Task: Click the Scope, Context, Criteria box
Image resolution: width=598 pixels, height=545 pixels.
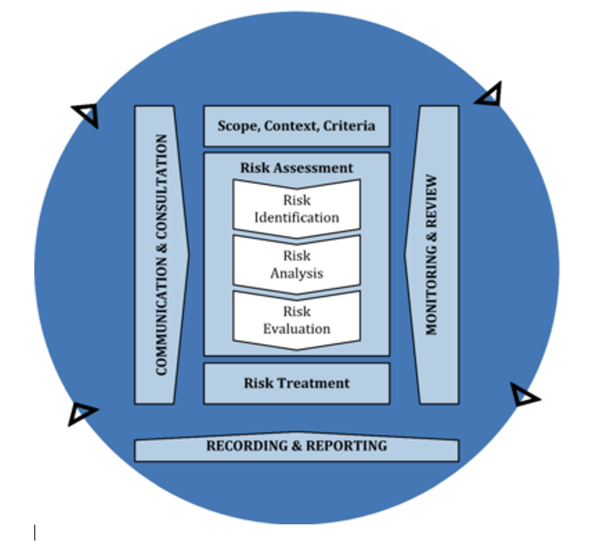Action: tap(296, 126)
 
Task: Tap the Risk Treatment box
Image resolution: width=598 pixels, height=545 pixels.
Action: tap(296, 383)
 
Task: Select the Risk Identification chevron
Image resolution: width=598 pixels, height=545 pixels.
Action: tap(296, 209)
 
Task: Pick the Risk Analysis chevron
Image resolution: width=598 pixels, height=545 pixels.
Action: tap(296, 264)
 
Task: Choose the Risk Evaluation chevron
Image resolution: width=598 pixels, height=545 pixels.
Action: tap(296, 320)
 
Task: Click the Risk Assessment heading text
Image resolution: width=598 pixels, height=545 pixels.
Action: tap(296, 168)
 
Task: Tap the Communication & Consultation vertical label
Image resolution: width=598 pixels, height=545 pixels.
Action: tap(162, 254)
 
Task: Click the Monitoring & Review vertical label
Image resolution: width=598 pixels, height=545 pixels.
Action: tap(432, 254)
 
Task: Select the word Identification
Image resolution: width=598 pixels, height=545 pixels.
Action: tap(296, 217)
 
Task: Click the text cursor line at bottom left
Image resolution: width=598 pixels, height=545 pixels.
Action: tap(35, 532)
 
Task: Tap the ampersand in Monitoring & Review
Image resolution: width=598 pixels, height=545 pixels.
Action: tap(432, 236)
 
